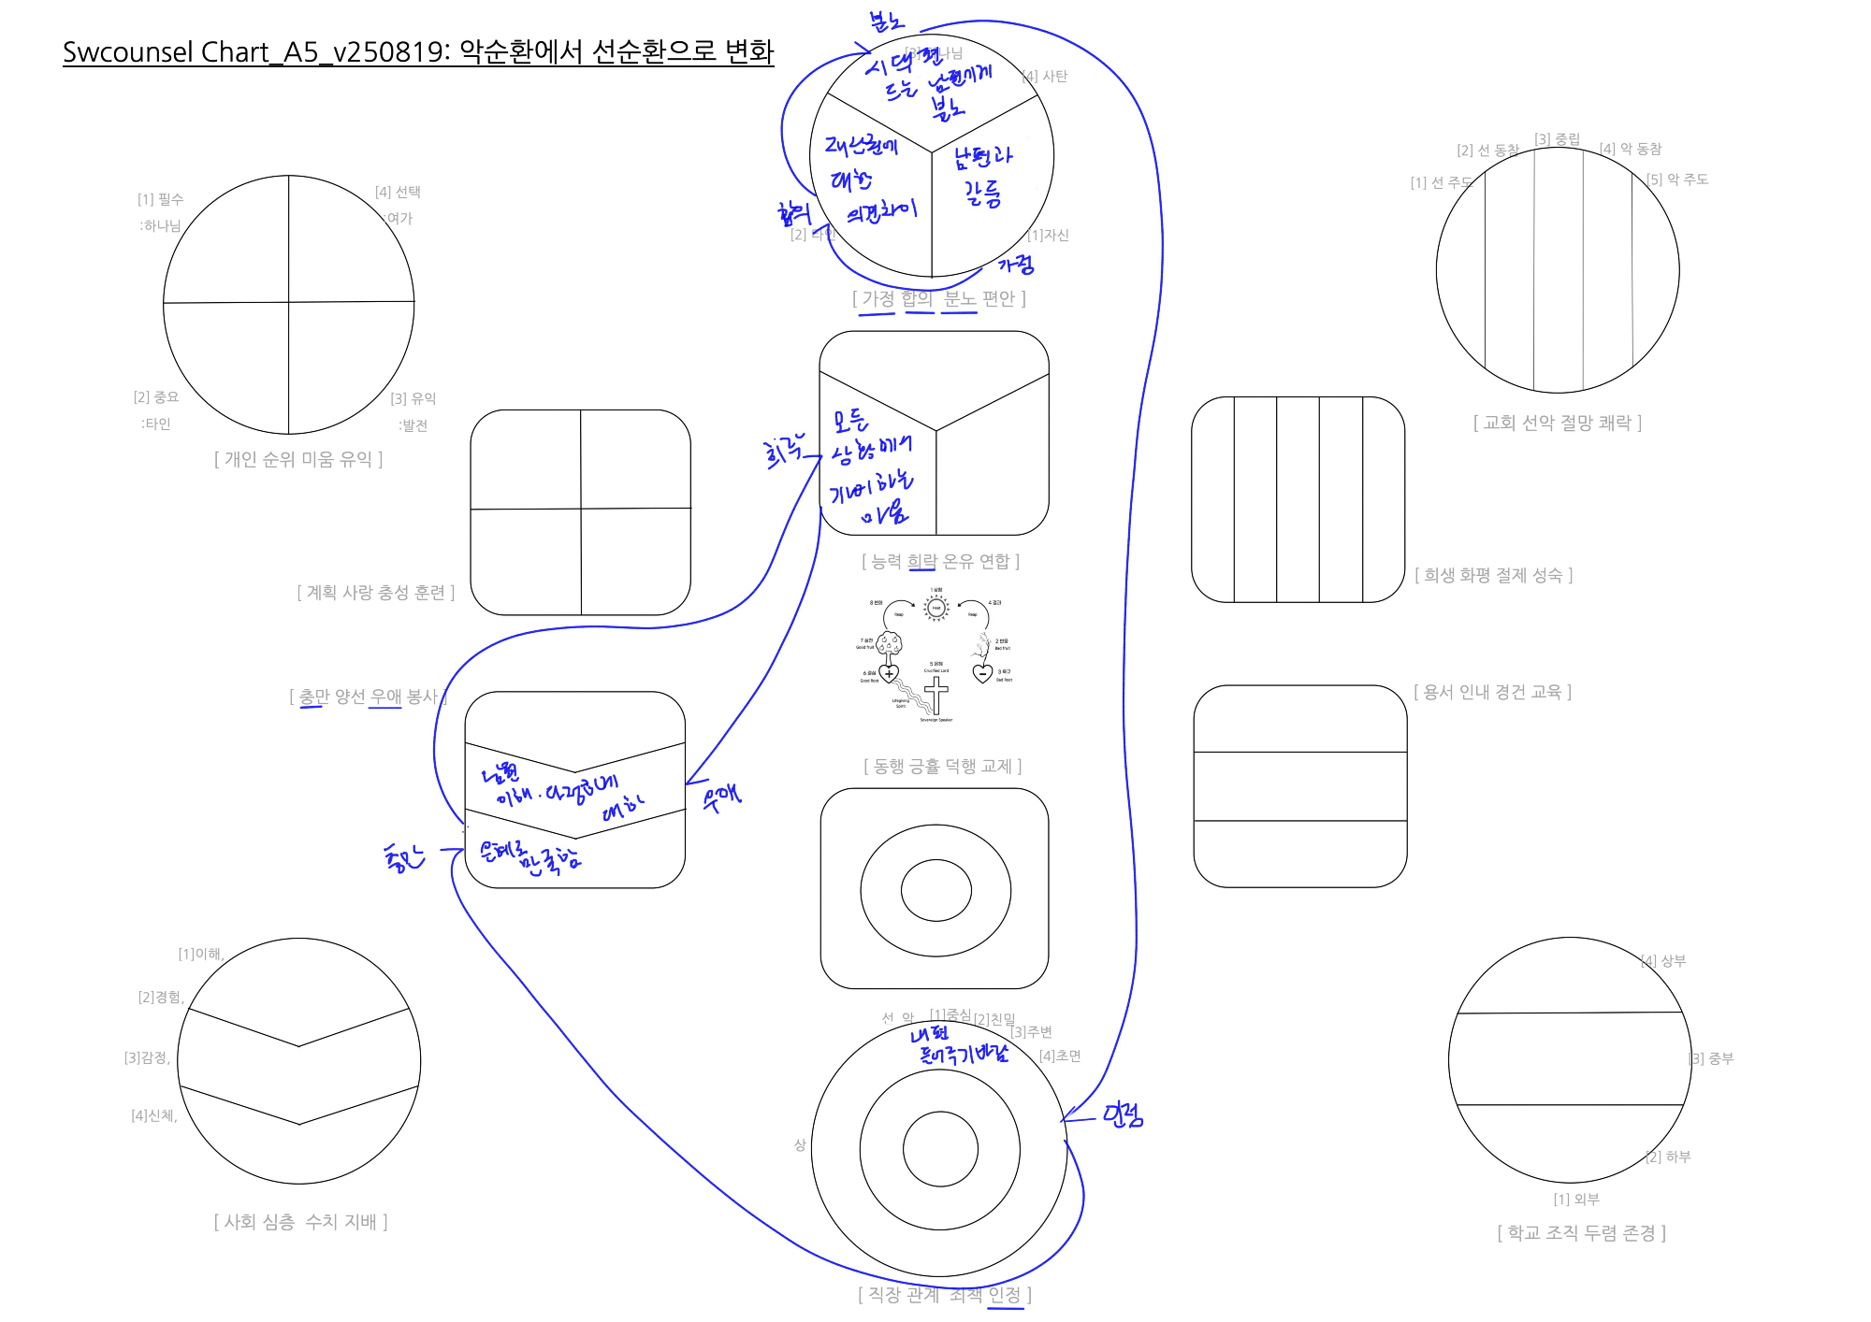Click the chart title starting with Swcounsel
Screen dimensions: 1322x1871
417,51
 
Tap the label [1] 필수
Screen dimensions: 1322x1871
161,199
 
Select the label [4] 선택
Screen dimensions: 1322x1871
398,192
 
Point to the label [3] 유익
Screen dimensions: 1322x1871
413,398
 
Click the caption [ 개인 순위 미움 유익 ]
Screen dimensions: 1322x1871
298,459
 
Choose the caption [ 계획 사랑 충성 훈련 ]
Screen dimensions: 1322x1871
375,593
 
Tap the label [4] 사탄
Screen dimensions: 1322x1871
1045,77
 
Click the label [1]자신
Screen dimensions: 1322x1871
1048,235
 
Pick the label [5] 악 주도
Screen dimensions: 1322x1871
1677,180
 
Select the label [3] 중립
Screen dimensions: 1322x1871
1557,139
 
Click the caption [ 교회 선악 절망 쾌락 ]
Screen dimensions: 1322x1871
1558,423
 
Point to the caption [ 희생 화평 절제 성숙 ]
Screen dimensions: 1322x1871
1493,575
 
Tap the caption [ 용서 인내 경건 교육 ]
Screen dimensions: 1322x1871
1492,692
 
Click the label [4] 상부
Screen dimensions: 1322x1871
1663,960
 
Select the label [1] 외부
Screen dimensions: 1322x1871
1576,1199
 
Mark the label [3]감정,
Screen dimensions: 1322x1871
148,1057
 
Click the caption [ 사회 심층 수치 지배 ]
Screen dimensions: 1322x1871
300,1222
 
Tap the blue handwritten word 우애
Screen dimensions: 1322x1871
721,798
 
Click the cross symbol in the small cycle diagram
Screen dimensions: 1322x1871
935,696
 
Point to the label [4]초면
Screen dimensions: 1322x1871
1060,1056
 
